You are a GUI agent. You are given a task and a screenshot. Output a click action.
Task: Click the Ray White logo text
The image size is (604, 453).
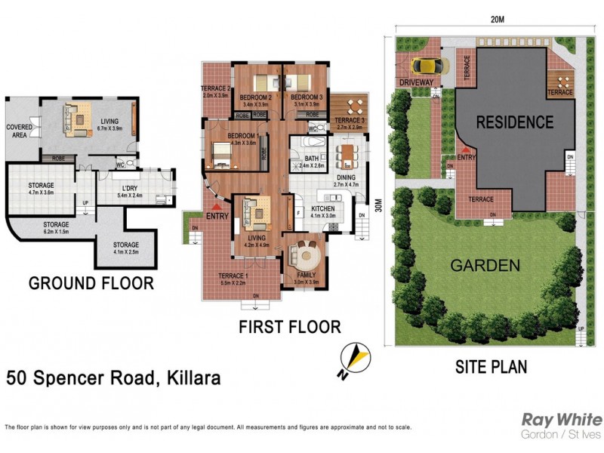click(562, 420)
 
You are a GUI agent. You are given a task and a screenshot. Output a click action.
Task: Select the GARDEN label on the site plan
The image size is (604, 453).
click(485, 266)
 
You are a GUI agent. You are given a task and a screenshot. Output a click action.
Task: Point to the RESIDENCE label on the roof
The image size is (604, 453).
click(514, 122)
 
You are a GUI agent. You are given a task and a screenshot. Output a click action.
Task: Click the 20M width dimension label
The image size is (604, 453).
click(497, 20)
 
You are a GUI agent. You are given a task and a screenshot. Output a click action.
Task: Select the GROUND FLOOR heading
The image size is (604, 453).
click(91, 284)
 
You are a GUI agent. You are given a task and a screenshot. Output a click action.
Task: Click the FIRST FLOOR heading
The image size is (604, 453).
click(289, 327)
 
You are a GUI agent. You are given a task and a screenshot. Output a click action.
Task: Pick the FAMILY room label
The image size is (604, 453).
click(306, 273)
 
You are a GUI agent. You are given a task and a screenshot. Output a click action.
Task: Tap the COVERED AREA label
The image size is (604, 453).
click(20, 131)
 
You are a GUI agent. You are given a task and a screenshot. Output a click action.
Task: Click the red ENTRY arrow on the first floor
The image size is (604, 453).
click(218, 205)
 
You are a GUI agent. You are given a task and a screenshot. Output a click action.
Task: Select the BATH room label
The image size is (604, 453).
click(311, 158)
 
